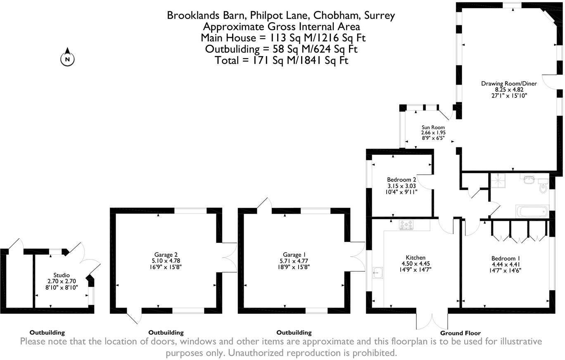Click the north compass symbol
pyautogui.click(x=68, y=59)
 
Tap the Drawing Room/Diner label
pyautogui.click(x=509, y=83)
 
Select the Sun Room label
pyautogui.click(x=433, y=127)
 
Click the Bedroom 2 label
pyautogui.click(x=401, y=180)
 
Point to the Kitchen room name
pyautogui.click(x=415, y=258)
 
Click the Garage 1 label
pyautogui.click(x=294, y=255)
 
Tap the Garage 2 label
pyautogui.click(x=166, y=255)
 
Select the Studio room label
pyautogui.click(x=62, y=275)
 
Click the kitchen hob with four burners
pyautogui.click(x=406, y=225)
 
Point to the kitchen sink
pyautogui.click(x=377, y=273)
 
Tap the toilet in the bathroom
pyautogui.click(x=543, y=187)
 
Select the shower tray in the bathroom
pyautogui.click(x=499, y=180)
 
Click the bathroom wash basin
pyautogui.click(x=528, y=179)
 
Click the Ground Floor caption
pyautogui.click(x=460, y=333)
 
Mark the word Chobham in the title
pyautogui.click(x=336, y=16)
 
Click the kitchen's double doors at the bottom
pyautogui.click(x=432, y=320)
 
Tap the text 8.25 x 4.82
pyautogui.click(x=509, y=89)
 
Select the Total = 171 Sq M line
pyautogui.click(x=282, y=60)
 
